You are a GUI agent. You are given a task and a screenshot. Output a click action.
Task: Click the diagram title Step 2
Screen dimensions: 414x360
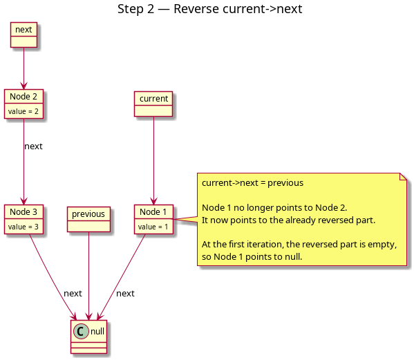pyautogui.click(x=209, y=9)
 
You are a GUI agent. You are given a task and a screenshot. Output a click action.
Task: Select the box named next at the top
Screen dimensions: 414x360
pyautogui.click(x=23, y=35)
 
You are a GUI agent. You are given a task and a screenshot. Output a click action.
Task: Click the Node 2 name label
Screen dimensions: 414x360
pyautogui.click(x=23, y=96)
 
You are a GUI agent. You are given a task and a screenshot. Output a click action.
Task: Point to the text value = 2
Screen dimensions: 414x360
pyautogui.click(x=23, y=111)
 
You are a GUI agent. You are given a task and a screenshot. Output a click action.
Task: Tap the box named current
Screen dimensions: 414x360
pyautogui.click(x=153, y=104)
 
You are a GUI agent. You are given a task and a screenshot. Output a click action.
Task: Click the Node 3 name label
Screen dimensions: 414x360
pyautogui.click(x=23, y=211)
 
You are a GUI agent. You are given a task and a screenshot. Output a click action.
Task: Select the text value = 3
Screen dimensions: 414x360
pyautogui.click(x=23, y=227)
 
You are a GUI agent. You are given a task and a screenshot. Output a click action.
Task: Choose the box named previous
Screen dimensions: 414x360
pyautogui.click(x=88, y=219)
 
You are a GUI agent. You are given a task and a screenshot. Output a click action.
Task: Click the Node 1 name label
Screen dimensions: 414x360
pyautogui.click(x=153, y=211)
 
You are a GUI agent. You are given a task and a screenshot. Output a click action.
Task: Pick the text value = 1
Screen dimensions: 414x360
pyautogui.click(x=153, y=227)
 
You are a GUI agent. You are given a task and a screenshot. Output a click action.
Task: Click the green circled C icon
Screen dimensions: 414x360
pyautogui.click(x=81, y=331)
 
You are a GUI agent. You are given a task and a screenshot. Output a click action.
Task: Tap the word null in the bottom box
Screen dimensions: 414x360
pyautogui.click(x=97, y=331)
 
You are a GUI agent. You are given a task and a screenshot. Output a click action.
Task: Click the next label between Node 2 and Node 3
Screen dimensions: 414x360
pyautogui.click(x=33, y=146)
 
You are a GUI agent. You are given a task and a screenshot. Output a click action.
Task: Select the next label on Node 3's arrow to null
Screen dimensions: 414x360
pyautogui.click(x=73, y=294)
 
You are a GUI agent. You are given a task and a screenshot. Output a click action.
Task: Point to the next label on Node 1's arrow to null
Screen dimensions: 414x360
pyautogui.click(x=125, y=294)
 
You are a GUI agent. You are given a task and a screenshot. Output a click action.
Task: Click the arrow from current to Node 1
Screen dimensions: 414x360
pyautogui.click(x=153, y=160)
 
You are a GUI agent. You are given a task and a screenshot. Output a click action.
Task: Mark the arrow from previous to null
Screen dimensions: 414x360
pyautogui.click(x=88, y=276)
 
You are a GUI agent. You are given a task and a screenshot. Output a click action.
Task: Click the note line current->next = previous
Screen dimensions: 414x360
pyautogui.click(x=252, y=183)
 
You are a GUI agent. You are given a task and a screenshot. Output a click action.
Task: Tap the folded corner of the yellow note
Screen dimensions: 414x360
pyautogui.click(x=403, y=177)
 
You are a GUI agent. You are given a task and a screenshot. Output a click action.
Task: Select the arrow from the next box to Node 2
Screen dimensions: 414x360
pyautogui.click(x=23, y=68)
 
